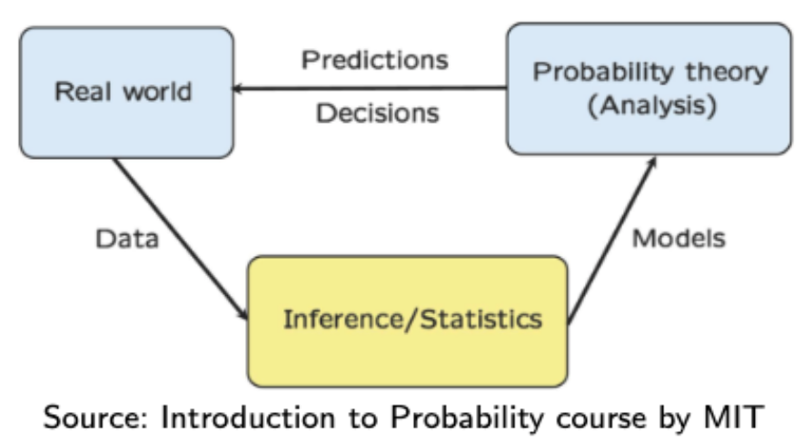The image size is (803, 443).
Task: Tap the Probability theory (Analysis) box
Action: [649, 88]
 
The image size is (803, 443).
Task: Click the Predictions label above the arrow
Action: [374, 60]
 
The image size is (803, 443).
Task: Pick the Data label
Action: [126, 240]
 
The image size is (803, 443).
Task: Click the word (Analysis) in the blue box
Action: [649, 106]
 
